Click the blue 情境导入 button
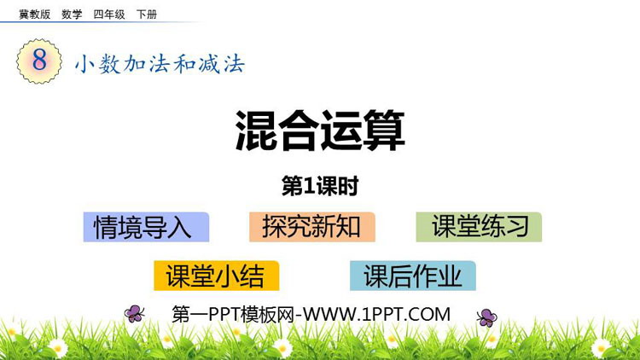(146, 227)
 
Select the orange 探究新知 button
(312, 227)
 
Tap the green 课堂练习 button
(479, 227)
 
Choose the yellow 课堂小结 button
(217, 276)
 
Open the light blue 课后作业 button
(413, 276)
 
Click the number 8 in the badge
(39, 61)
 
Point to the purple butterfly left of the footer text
(134, 314)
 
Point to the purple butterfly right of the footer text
(487, 317)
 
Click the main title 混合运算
(320, 131)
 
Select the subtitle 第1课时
(320, 186)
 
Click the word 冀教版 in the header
(35, 15)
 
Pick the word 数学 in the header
(72, 15)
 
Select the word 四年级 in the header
(109, 15)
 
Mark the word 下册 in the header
(147, 15)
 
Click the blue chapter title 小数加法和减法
(160, 64)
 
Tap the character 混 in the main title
(255, 131)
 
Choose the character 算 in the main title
(384, 131)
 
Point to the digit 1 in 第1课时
(310, 187)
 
